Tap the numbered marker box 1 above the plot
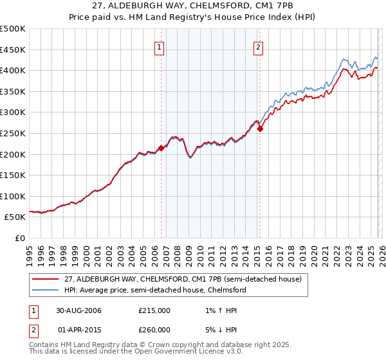[x=159, y=46]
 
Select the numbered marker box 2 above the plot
[x=258, y=46]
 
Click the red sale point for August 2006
[x=161, y=148]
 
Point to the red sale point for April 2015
[x=260, y=129]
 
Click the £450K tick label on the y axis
[x=13, y=50]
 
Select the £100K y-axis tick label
[x=13, y=196]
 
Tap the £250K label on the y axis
[x=13, y=133]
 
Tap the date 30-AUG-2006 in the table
[x=78, y=310]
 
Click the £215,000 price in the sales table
[x=154, y=310]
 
